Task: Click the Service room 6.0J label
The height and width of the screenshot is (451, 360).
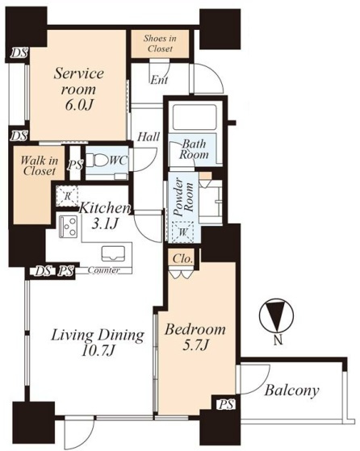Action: click(x=78, y=89)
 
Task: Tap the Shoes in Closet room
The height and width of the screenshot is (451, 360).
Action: click(x=160, y=44)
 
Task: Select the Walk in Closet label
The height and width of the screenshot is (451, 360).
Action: click(x=39, y=165)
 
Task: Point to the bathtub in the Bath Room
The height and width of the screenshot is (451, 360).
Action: click(x=195, y=117)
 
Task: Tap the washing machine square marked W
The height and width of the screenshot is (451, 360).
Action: click(x=182, y=232)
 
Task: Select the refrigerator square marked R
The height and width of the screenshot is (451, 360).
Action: click(x=67, y=196)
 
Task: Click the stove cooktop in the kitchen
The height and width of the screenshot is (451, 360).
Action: click(x=68, y=227)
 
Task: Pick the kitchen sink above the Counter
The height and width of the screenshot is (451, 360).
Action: click(x=113, y=253)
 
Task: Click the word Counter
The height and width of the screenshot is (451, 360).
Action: click(x=103, y=270)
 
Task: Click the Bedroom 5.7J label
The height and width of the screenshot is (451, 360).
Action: click(x=195, y=336)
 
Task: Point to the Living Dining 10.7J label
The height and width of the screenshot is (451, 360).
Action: click(x=98, y=343)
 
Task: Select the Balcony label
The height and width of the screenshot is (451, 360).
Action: click(x=292, y=390)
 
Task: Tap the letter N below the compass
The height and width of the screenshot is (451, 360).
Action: click(x=278, y=341)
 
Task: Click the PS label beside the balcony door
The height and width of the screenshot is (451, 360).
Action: click(x=226, y=405)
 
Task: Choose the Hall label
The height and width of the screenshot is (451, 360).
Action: click(x=149, y=137)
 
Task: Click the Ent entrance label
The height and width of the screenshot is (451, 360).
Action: click(x=160, y=80)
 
